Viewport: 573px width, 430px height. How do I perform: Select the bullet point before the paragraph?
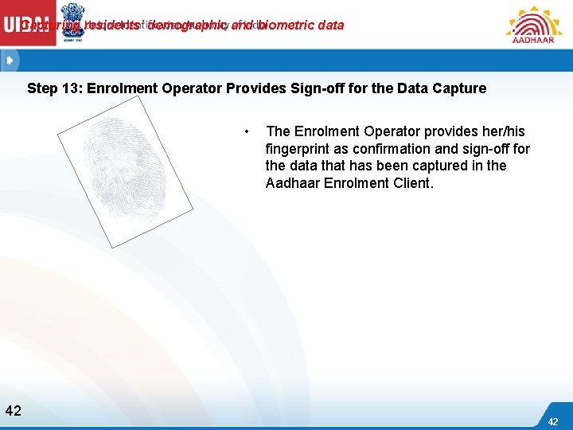coord(248,131)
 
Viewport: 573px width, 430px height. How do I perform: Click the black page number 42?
coord(13,411)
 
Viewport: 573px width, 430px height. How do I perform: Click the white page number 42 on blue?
coord(553,421)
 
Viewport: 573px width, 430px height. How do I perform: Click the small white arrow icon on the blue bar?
coord(9,61)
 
